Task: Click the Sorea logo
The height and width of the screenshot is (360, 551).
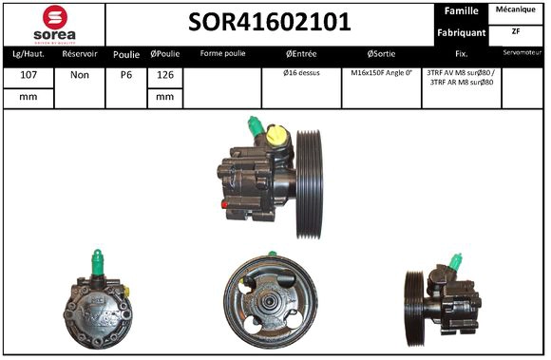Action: click(x=54, y=23)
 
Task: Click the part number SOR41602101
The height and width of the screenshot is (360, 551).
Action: click(x=269, y=22)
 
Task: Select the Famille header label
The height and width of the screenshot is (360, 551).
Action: click(x=461, y=10)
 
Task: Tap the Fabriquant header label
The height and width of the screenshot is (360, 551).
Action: click(x=461, y=32)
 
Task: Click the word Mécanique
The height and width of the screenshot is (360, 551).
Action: click(x=517, y=9)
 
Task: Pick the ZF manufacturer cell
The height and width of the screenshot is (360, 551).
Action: click(x=517, y=30)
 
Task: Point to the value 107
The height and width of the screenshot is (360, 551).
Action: click(x=28, y=74)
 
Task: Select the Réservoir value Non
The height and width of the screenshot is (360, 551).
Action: click(x=80, y=74)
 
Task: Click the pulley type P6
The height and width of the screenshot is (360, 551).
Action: click(x=126, y=74)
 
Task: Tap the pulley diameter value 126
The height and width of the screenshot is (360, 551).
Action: click(x=164, y=74)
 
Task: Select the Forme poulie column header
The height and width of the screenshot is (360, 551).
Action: click(x=222, y=53)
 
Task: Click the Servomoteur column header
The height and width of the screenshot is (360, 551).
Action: click(x=522, y=53)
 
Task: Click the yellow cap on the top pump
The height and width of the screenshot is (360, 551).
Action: click(x=276, y=136)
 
